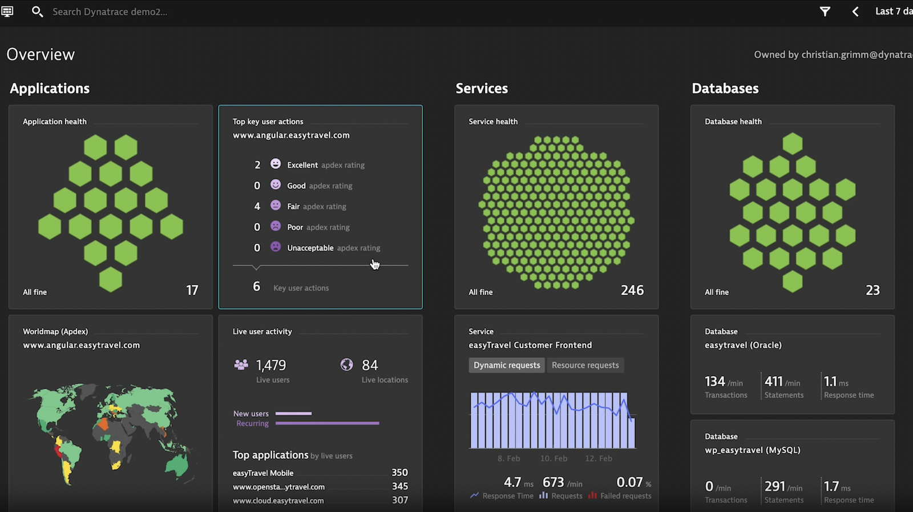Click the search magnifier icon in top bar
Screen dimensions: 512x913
point(37,11)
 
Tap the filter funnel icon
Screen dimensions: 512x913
point(825,11)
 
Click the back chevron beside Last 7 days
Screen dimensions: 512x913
point(855,11)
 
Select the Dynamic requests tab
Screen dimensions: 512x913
point(507,365)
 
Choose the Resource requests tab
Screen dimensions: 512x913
point(585,365)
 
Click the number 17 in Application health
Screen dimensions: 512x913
point(192,291)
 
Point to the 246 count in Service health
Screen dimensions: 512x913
point(632,291)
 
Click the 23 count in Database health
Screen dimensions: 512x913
point(872,291)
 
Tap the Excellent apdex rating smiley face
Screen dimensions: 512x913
point(276,164)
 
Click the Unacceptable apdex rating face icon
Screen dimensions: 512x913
point(276,247)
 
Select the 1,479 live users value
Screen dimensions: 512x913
point(271,365)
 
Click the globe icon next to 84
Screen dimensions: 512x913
point(346,365)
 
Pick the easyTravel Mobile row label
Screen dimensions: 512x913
point(263,473)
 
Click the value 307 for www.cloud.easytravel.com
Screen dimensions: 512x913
point(399,500)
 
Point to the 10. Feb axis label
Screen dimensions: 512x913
point(554,458)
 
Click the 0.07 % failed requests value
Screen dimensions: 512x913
point(629,483)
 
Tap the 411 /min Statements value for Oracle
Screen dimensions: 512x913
point(774,381)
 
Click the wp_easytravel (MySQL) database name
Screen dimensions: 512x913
point(752,450)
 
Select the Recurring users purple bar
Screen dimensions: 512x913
point(327,424)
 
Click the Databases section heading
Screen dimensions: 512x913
point(725,88)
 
